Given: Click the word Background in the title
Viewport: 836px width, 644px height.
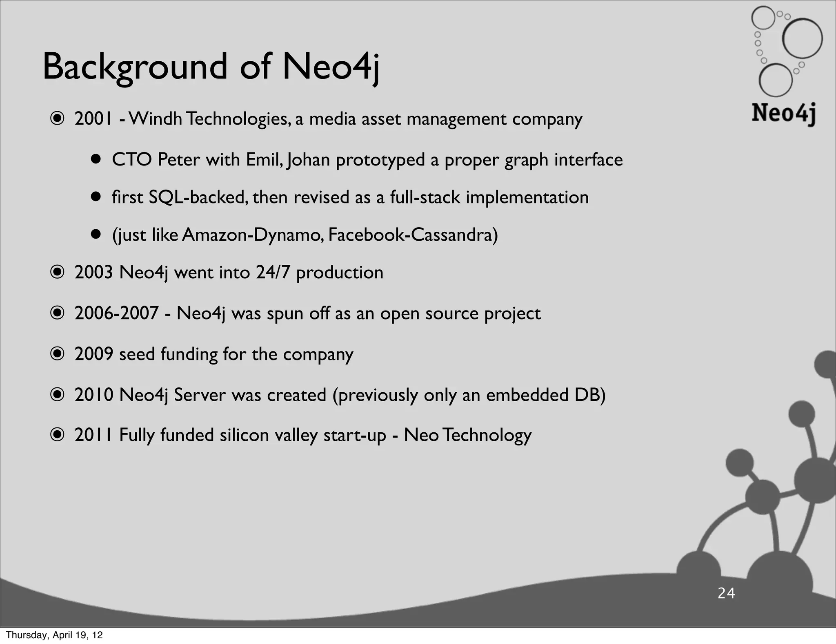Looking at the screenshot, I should tap(135, 67).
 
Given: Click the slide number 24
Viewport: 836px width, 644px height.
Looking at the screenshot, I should tap(726, 593).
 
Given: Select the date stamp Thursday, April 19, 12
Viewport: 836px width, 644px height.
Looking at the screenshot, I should tap(54, 635).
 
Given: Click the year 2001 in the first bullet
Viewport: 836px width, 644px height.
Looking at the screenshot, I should tap(93, 119).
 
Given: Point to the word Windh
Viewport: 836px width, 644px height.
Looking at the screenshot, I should tap(155, 119).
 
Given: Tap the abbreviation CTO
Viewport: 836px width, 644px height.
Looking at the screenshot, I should tap(131, 159).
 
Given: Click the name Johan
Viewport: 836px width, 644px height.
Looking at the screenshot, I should tap(308, 159).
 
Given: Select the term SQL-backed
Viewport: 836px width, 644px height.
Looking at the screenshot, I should tap(198, 197).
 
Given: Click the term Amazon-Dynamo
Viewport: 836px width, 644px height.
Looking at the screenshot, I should tap(253, 235).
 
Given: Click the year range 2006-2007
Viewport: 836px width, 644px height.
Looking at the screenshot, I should tap(116, 313).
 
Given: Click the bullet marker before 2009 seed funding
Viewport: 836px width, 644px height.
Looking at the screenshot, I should tap(57, 354).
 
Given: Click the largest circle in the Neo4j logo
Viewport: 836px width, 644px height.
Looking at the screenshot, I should tap(802, 39).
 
